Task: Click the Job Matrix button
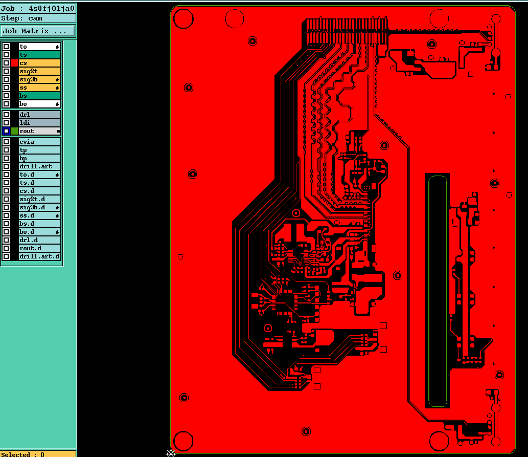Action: pyautogui.click(x=37, y=31)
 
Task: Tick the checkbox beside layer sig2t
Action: pyautogui.click(x=6, y=71)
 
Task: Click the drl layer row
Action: pyautogui.click(x=40, y=115)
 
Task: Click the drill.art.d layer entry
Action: pyautogui.click(x=40, y=256)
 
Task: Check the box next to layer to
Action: pyautogui.click(x=6, y=47)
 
